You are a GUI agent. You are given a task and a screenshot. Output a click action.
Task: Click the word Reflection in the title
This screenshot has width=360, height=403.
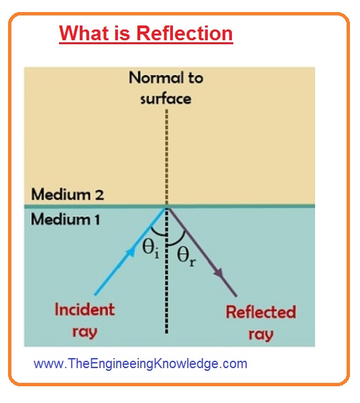pyautogui.click(x=184, y=34)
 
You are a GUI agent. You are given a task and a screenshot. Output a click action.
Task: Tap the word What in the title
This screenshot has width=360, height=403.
pyautogui.click(x=84, y=34)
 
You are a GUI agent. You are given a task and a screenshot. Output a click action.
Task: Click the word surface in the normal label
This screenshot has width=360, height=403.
pyautogui.click(x=166, y=99)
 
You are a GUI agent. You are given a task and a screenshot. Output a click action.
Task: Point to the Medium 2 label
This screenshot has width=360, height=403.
pyautogui.click(x=67, y=194)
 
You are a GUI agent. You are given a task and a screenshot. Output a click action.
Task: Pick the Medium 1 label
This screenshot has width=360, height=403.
pyautogui.click(x=65, y=219)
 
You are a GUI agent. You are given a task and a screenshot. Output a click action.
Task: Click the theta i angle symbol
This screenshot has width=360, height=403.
pyautogui.click(x=151, y=249)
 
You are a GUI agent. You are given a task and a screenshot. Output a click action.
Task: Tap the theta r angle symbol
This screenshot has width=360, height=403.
pyautogui.click(x=186, y=256)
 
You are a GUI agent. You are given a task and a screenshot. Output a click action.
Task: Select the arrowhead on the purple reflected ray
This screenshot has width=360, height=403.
pyautogui.click(x=219, y=273)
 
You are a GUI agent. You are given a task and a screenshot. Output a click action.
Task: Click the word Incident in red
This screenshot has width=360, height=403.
pyautogui.click(x=84, y=309)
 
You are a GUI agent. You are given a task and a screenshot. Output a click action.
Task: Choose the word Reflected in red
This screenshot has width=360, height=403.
pyautogui.click(x=261, y=312)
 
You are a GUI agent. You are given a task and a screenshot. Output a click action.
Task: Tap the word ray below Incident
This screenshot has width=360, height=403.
pyautogui.click(x=84, y=332)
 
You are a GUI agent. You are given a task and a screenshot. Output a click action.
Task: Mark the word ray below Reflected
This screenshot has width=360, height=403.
pyautogui.click(x=261, y=335)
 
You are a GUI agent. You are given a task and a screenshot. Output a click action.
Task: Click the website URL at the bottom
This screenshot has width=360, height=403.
pyautogui.click(x=140, y=363)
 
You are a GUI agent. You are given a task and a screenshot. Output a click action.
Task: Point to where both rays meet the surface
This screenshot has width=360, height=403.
pyautogui.click(x=166, y=207)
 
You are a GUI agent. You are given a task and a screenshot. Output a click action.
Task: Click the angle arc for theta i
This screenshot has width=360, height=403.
pyautogui.click(x=158, y=233)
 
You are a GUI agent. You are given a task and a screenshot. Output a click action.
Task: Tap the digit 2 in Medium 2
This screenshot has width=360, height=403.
pyautogui.click(x=99, y=195)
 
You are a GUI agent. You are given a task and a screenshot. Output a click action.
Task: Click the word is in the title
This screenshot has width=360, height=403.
pyautogui.click(x=123, y=34)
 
